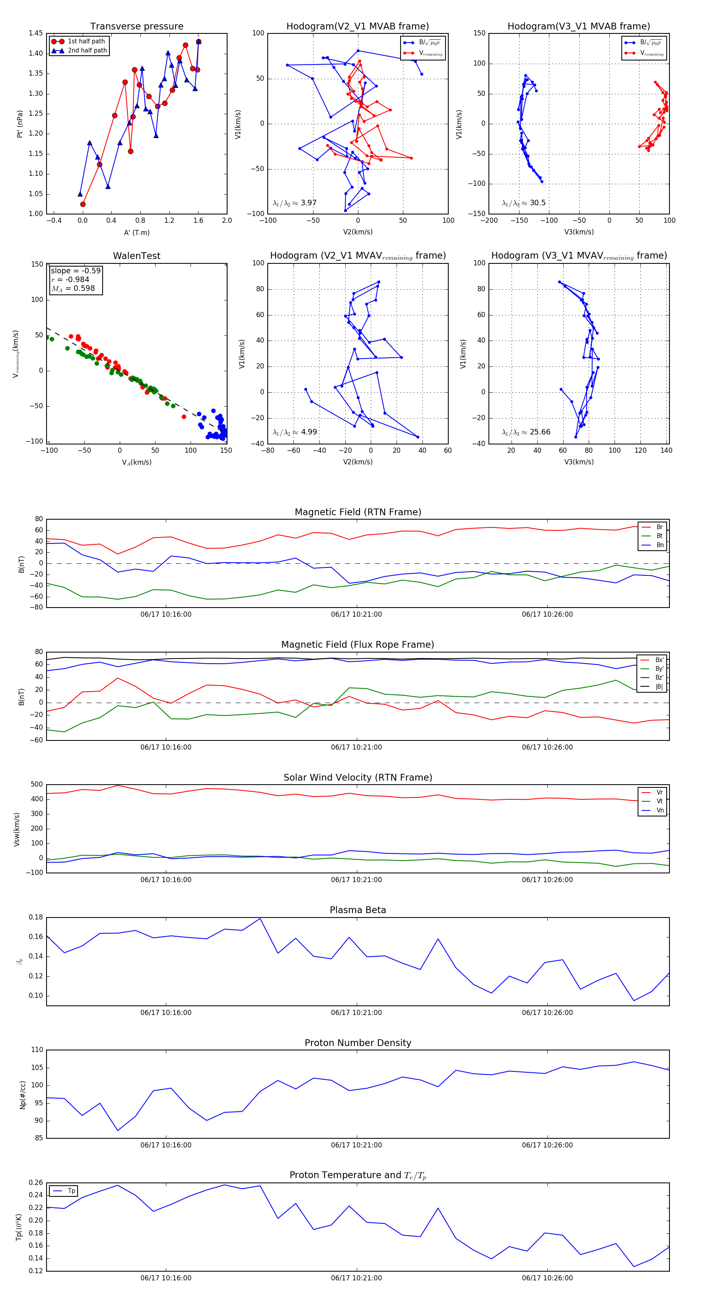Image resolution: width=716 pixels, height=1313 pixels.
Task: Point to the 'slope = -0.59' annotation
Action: [x=76, y=271]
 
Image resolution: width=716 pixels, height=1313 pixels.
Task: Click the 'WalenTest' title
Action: [x=136, y=256]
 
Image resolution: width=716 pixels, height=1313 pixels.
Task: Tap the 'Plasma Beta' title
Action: [x=358, y=910]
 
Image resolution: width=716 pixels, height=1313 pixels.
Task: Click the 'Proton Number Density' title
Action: [x=358, y=1043]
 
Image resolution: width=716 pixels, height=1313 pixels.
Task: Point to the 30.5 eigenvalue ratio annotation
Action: [x=524, y=203]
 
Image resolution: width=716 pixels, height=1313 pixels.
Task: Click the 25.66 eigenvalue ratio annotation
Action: [x=526, y=432]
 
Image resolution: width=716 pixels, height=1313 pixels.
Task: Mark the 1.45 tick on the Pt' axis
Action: [x=36, y=33]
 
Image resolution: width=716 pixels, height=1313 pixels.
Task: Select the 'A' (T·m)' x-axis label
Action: [x=136, y=232]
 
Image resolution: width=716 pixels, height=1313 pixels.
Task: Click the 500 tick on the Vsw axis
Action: [x=37, y=785]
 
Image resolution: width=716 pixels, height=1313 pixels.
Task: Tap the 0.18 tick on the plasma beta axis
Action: [x=36, y=917]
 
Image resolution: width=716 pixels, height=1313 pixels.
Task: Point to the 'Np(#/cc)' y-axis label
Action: [x=22, y=1094]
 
